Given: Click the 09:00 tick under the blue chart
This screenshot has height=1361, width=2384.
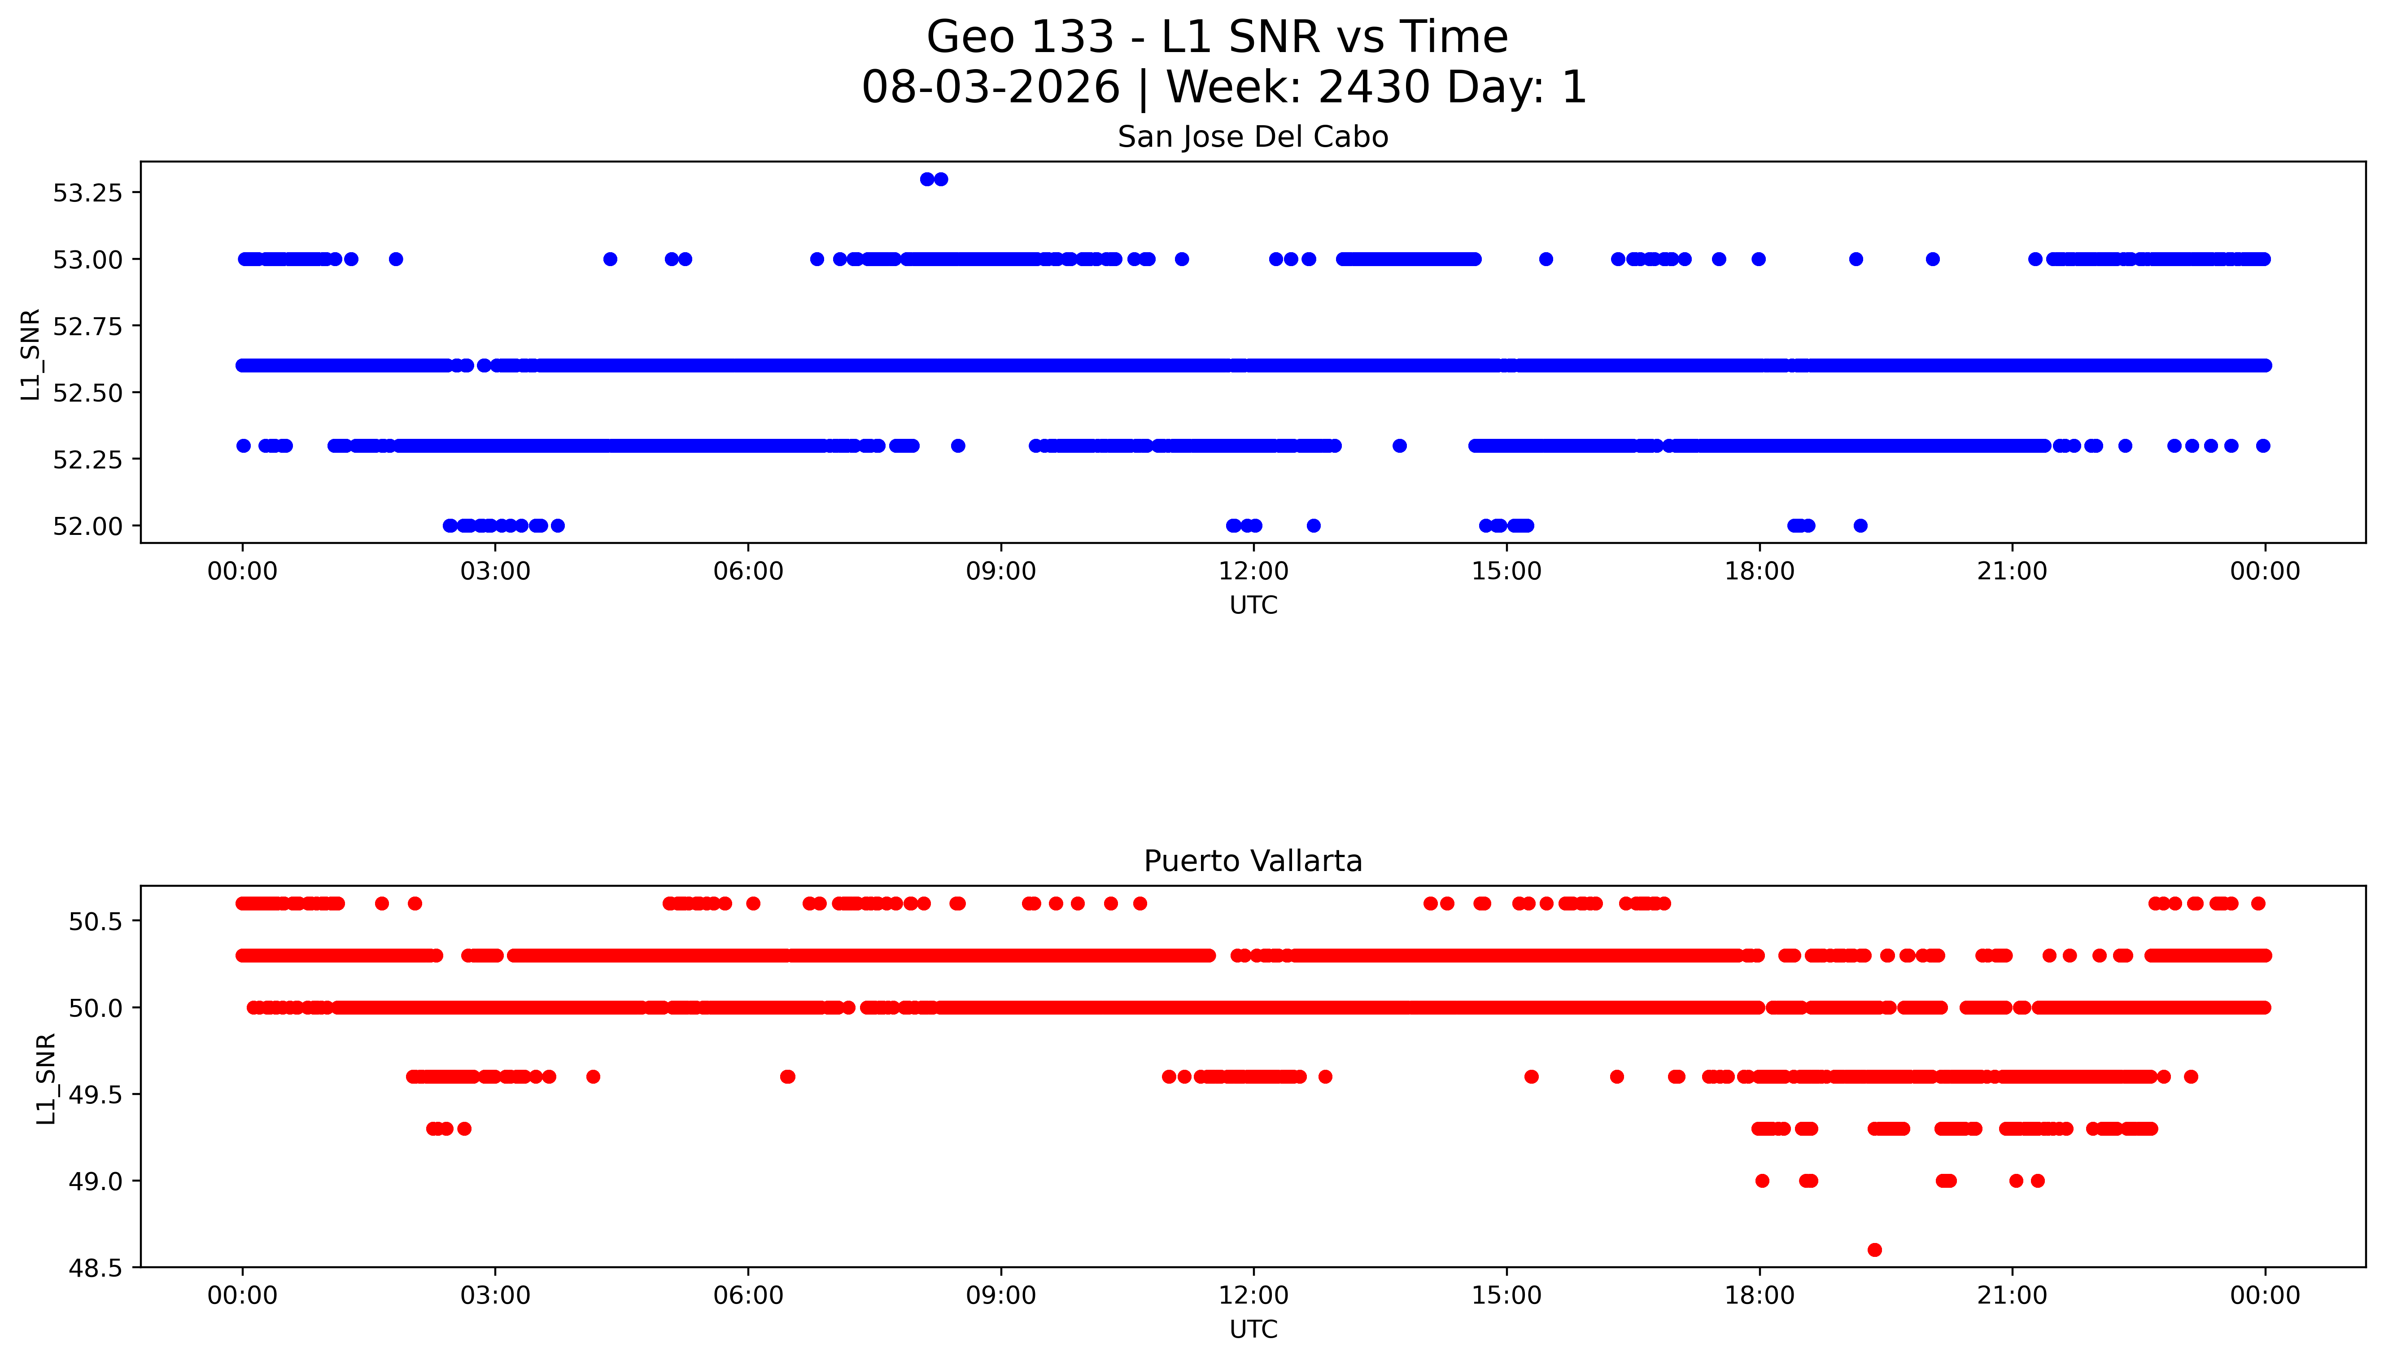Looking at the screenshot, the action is [x=1001, y=571].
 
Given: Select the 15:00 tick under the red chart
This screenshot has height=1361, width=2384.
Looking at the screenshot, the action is [x=1506, y=1295].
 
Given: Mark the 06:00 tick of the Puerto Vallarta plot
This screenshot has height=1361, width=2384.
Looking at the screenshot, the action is [x=749, y=1295].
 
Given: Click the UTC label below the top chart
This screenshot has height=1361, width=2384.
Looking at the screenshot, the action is [x=1253, y=606].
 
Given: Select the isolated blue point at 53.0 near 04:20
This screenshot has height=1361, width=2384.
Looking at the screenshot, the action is [x=610, y=259].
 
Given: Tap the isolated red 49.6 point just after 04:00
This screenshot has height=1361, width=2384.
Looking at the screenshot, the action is [x=593, y=1077].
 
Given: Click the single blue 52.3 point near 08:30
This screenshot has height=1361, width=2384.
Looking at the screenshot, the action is [x=958, y=446].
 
